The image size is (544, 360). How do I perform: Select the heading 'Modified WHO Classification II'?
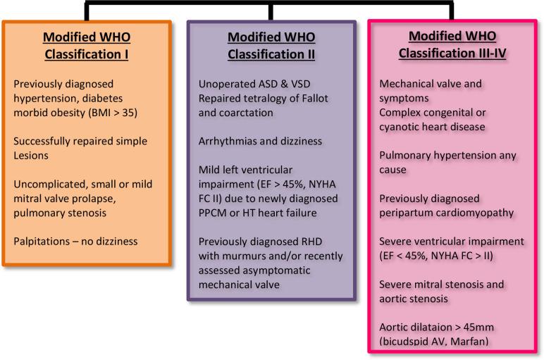tap(271, 44)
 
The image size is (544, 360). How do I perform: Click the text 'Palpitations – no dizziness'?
tap(76, 242)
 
